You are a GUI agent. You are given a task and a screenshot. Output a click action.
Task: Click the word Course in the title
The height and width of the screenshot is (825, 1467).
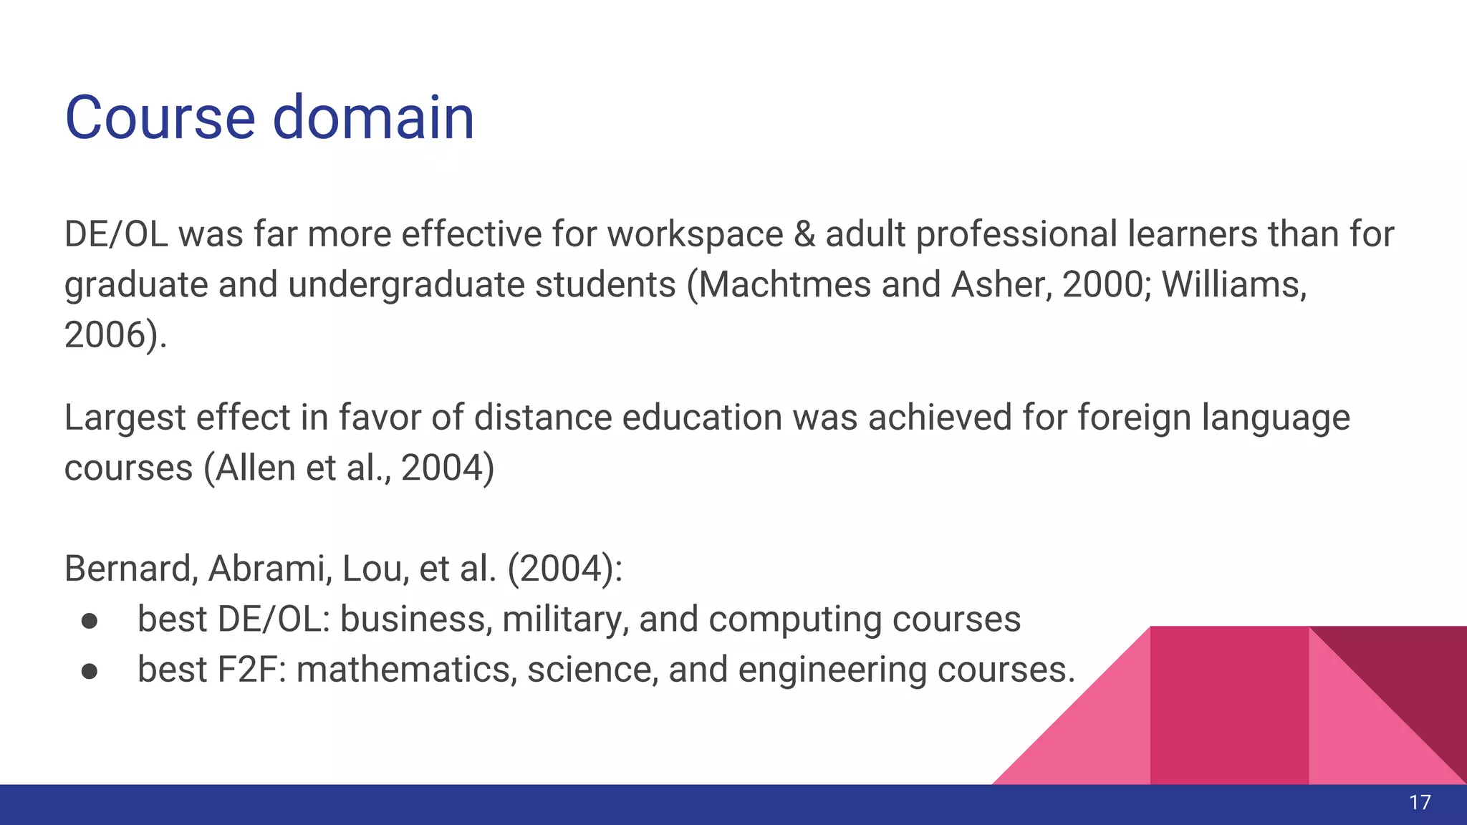(x=160, y=117)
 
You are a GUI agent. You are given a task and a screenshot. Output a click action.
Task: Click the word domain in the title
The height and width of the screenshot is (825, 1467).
(x=373, y=117)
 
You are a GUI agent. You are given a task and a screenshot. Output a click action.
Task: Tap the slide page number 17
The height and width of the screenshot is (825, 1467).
(x=1420, y=803)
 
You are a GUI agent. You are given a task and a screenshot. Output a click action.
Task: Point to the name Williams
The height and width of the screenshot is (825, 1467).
(x=1233, y=285)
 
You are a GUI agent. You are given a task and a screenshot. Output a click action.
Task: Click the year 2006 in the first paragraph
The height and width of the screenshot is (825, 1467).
(x=107, y=335)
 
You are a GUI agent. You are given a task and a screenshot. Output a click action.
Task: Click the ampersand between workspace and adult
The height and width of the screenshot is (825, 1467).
(x=804, y=235)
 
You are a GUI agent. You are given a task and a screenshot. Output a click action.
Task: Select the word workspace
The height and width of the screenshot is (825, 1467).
(x=696, y=235)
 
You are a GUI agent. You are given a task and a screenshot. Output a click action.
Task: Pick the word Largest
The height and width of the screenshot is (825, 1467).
(x=125, y=418)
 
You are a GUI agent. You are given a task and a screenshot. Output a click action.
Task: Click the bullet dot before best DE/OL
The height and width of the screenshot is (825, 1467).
(x=90, y=620)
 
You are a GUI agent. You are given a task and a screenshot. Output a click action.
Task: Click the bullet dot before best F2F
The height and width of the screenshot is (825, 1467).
(x=90, y=671)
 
